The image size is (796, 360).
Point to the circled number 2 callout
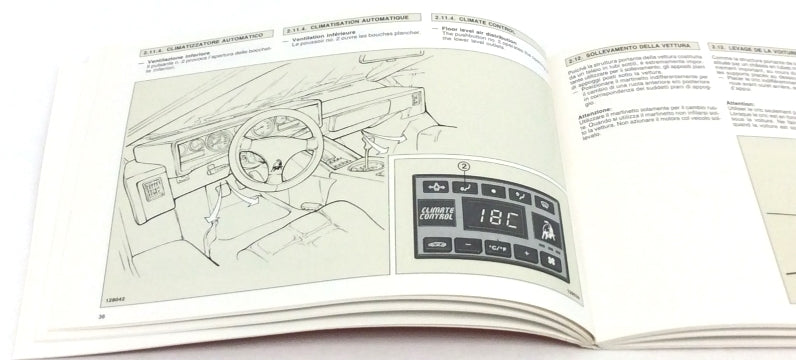[463, 166]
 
